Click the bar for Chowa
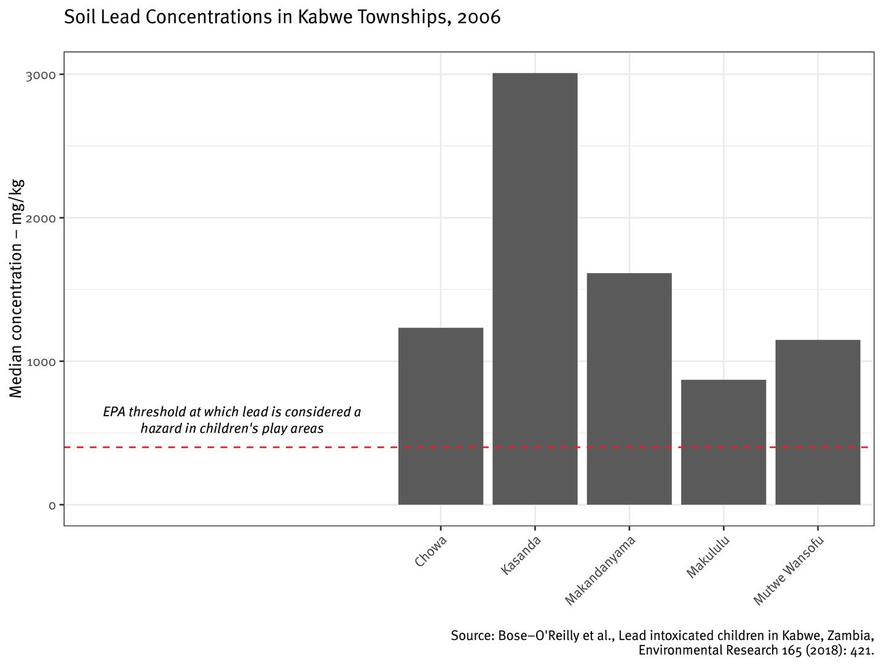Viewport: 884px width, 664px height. pos(440,416)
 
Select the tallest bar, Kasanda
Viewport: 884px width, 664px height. pos(535,289)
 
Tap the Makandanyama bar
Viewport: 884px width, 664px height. pos(629,389)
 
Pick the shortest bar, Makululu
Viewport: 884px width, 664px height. pos(723,442)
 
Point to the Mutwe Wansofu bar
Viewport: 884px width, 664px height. pos(818,422)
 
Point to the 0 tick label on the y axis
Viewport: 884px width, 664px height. pos(52,505)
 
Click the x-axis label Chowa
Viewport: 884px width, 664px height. pos(430,551)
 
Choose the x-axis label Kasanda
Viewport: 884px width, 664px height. pos(521,556)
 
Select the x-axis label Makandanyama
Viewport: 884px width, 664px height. pos(599,571)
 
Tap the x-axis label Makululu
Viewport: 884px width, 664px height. pos(708,557)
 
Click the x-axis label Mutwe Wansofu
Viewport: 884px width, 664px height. pos(787,571)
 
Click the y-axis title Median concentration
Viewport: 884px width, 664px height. pos(17,288)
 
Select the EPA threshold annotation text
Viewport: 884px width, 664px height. pos(232,420)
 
